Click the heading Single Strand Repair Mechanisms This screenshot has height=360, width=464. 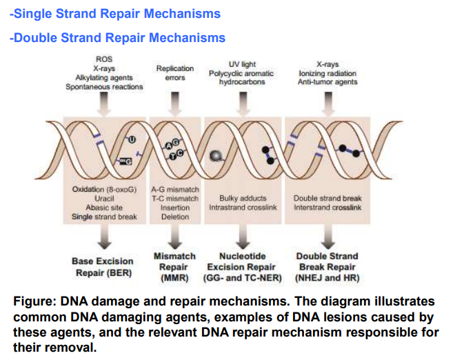(x=115, y=13)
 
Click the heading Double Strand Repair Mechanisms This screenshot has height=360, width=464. (x=117, y=37)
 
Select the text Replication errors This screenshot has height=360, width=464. (x=175, y=73)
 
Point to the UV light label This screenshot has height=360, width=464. (x=242, y=64)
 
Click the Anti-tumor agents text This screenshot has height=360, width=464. (x=327, y=82)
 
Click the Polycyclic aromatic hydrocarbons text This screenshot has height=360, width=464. (x=242, y=77)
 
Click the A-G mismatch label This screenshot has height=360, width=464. (x=175, y=189)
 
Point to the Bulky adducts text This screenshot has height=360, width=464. (x=243, y=198)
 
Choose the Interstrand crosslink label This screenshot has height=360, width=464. (x=327, y=207)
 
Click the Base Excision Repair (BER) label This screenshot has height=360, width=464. (x=103, y=267)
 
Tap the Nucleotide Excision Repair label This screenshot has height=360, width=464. (x=243, y=261)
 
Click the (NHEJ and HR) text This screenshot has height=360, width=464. (x=327, y=279)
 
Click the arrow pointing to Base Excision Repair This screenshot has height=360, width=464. (x=103, y=237)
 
